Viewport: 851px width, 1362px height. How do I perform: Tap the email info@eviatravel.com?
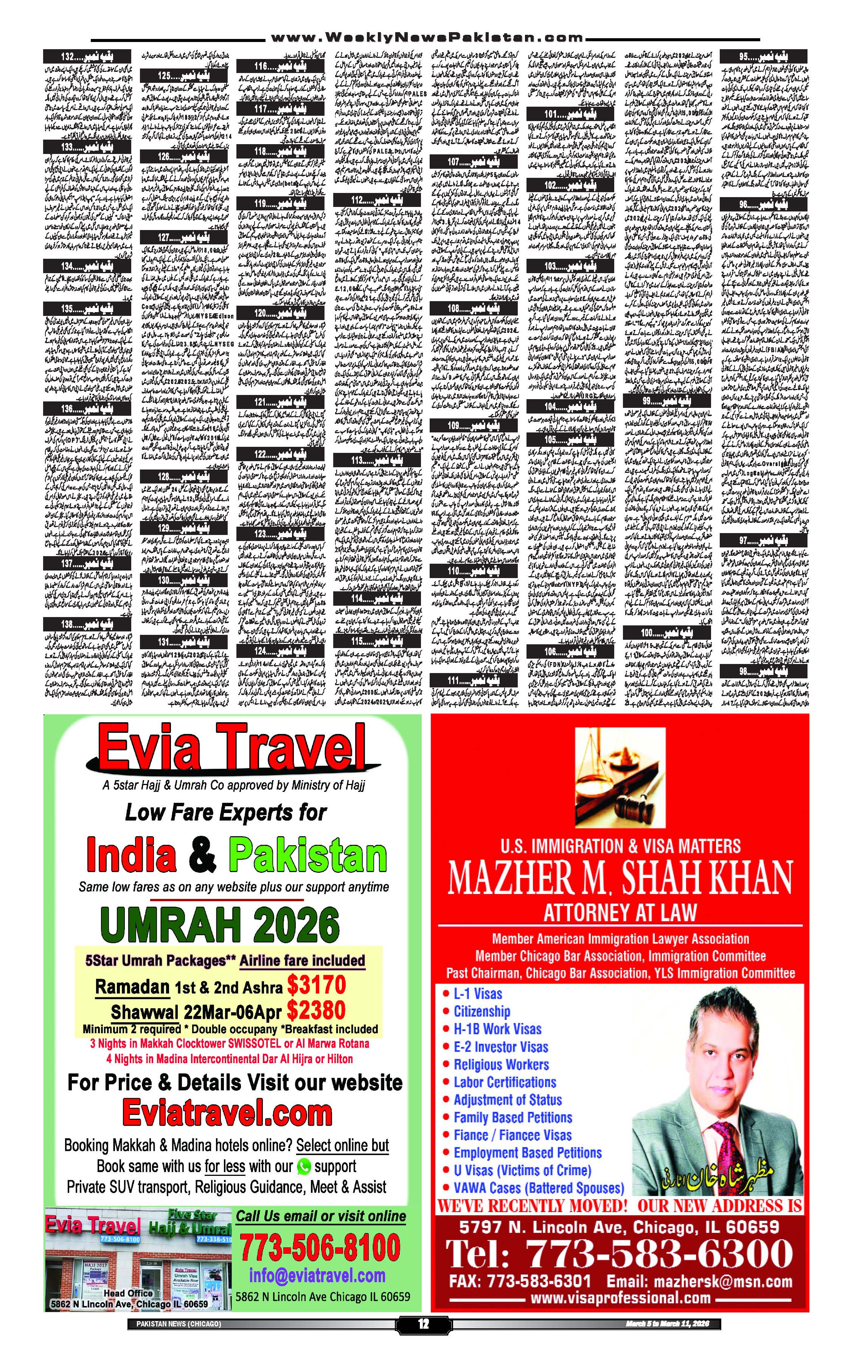click(317, 1275)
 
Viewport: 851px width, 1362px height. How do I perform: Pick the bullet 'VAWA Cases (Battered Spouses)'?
click(539, 1188)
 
